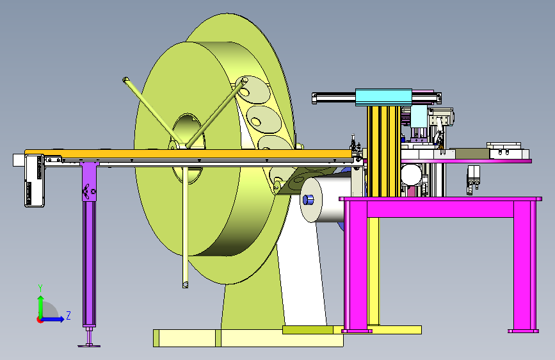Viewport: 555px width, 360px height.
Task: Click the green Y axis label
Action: point(40,288)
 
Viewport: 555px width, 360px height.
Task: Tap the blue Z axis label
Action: point(68,315)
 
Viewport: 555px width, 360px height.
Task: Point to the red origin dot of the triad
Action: point(39,320)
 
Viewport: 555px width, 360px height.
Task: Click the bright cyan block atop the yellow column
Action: point(383,97)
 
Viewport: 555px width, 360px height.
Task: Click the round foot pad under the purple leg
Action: point(89,345)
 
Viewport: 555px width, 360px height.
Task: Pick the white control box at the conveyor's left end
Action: point(35,181)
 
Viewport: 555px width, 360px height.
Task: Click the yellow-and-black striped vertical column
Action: point(384,151)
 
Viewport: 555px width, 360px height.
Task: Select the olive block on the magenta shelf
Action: point(472,154)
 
